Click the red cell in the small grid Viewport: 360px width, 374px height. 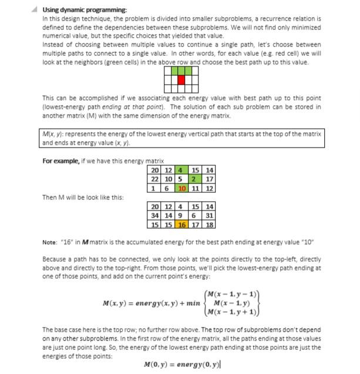tap(181, 79)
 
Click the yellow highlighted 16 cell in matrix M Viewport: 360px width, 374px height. tap(182, 224)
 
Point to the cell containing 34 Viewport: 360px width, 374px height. tap(155, 215)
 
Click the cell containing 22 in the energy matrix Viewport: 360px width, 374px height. tap(155, 179)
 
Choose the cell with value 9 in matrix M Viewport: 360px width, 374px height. tap(182, 215)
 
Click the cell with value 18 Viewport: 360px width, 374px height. tap(209, 224)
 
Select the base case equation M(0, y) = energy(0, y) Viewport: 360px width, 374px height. tap(181, 365)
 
